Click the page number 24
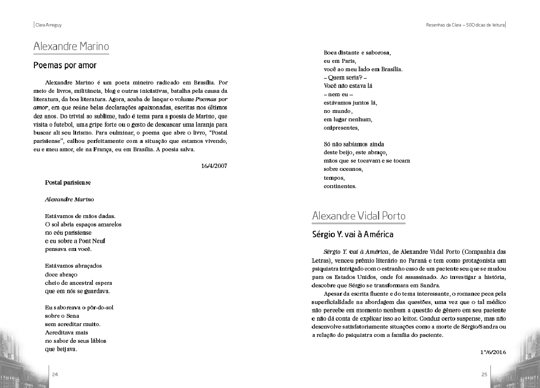(x=55, y=374)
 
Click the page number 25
(x=484, y=374)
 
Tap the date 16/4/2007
(x=214, y=166)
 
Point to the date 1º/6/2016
(x=492, y=352)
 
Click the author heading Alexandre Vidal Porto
(x=358, y=216)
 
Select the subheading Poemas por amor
(x=65, y=65)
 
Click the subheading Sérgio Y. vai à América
(x=352, y=234)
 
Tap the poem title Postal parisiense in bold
(x=68, y=182)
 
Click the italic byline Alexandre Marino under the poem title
(x=69, y=199)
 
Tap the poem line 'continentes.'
(x=340, y=186)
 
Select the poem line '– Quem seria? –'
(x=346, y=78)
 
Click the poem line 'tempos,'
(x=334, y=178)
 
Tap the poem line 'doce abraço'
(x=61, y=274)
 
